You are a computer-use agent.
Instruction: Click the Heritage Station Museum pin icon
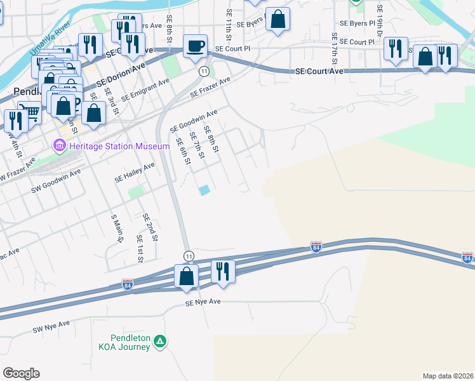coord(60,147)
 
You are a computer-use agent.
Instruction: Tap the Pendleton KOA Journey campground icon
coord(161,342)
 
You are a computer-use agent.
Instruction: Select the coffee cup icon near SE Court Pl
coord(195,46)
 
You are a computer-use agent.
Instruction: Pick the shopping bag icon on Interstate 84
coord(186,276)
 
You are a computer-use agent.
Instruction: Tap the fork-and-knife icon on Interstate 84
coord(222,271)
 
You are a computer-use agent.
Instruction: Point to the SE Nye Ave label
coord(203,303)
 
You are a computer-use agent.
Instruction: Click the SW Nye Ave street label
coord(51,327)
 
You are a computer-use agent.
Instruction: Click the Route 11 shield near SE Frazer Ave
coord(203,70)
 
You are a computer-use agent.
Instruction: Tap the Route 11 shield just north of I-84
coord(189,255)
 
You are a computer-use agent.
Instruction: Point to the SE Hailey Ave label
coord(135,173)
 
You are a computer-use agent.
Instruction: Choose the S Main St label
coord(116,229)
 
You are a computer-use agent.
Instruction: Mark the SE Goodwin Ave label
coord(194,121)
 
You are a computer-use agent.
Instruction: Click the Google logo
coord(21,373)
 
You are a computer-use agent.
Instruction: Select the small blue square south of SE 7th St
coord(204,190)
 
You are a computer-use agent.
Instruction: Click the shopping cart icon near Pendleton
coord(29,113)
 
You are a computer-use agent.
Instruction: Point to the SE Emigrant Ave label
coord(145,90)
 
